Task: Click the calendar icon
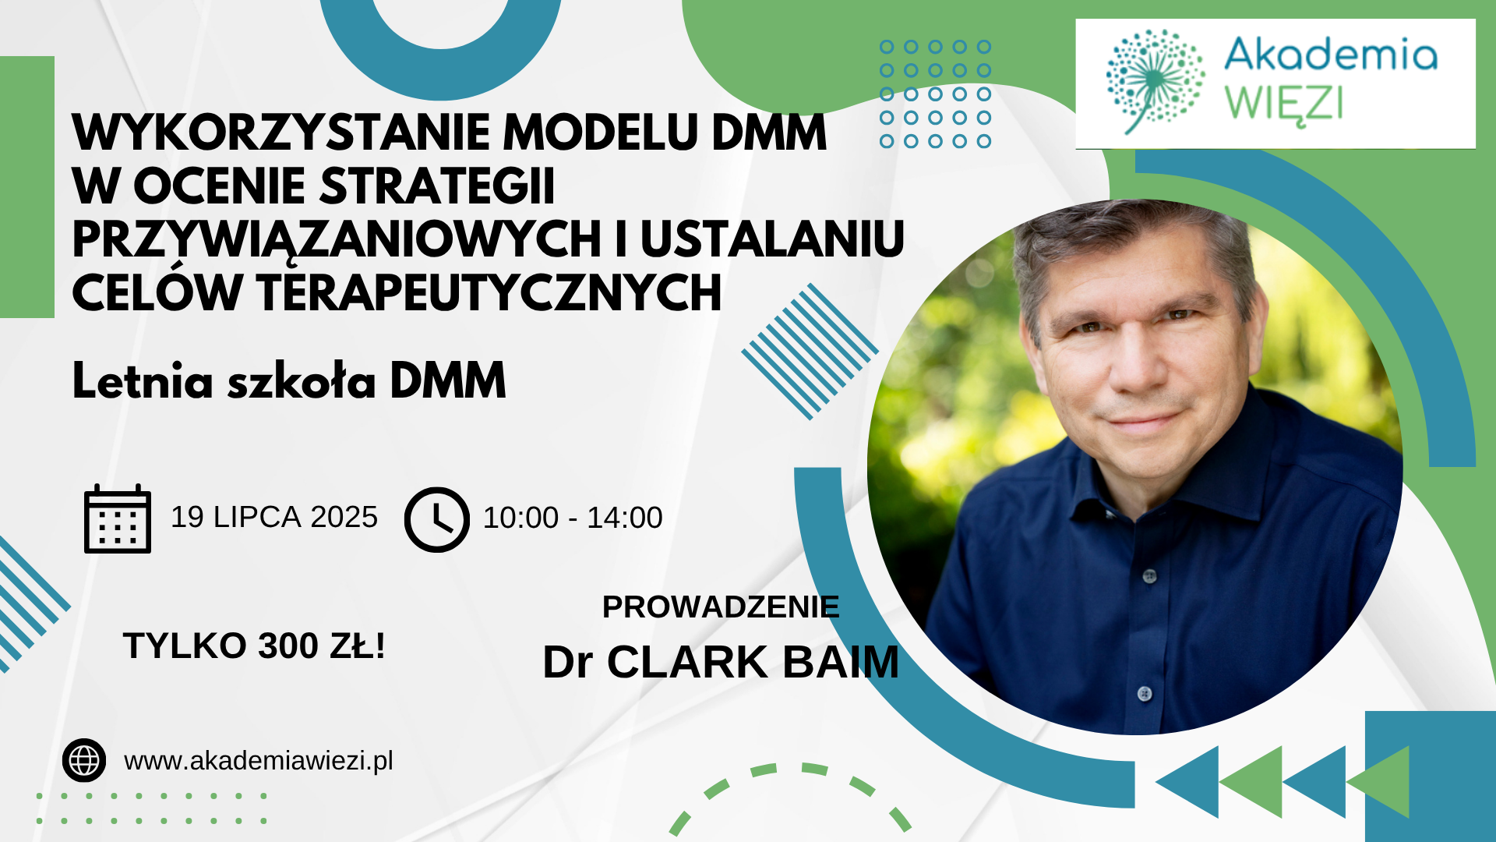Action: [118, 518]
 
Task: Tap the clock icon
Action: [437, 519]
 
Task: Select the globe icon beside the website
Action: [84, 760]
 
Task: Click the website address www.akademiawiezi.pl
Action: [259, 761]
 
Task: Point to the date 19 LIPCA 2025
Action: [274, 517]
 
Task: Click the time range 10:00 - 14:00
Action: [573, 518]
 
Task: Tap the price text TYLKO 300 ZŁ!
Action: [254, 646]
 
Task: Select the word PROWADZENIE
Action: [721, 607]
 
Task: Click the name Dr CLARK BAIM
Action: [721, 662]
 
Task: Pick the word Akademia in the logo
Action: [1331, 55]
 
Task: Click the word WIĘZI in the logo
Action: [1284, 103]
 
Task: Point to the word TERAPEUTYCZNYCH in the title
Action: [489, 293]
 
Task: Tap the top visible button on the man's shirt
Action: [1149, 576]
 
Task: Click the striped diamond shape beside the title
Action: [810, 352]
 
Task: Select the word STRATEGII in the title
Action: [437, 186]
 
